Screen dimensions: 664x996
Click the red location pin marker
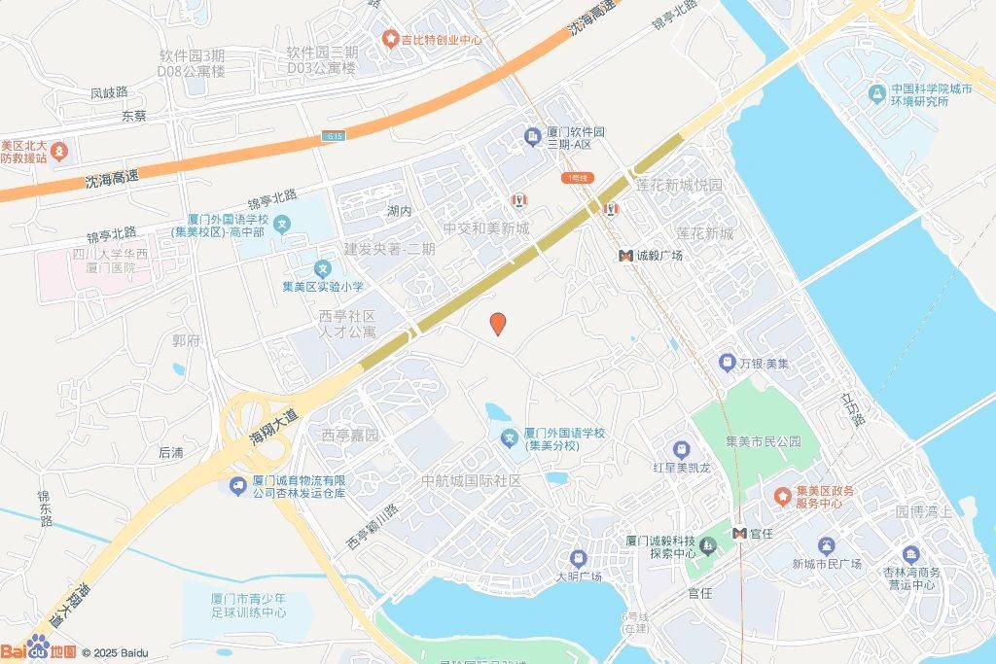pos(498,325)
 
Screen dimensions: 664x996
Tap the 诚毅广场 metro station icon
pos(625,256)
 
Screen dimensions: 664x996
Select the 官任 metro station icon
pos(740,533)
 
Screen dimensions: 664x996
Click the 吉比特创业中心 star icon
pos(390,40)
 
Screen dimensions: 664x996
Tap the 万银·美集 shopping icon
pos(726,363)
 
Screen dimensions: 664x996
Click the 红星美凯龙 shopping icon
pos(681,450)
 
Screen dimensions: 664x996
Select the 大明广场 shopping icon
pos(579,558)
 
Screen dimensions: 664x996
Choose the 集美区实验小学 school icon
pos(322,268)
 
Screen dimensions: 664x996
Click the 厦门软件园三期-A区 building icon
pos(532,137)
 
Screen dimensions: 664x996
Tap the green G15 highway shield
pos(333,139)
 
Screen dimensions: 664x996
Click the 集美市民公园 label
pos(764,440)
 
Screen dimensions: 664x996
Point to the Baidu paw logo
pos(39,647)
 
